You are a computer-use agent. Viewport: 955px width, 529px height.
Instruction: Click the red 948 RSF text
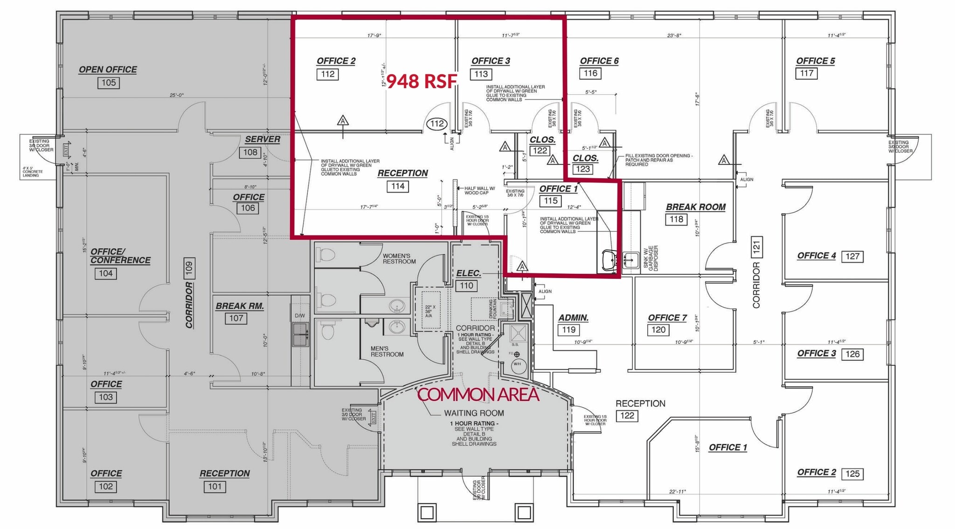(x=422, y=82)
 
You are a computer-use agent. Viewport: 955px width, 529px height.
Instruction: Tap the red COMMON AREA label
(x=478, y=395)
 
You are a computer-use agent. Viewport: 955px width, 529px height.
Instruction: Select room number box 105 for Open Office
(x=109, y=83)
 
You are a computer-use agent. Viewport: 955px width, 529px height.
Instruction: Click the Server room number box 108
(x=250, y=152)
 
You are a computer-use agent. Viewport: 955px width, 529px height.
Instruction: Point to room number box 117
(x=806, y=73)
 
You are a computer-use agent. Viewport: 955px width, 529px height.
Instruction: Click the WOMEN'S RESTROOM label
(x=399, y=258)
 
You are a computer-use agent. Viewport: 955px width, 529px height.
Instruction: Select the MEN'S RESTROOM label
(x=387, y=351)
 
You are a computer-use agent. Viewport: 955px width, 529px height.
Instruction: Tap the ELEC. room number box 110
(x=467, y=285)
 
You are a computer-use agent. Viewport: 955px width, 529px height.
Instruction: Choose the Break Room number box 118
(x=676, y=219)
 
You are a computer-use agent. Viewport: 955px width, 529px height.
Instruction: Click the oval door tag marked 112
(x=437, y=124)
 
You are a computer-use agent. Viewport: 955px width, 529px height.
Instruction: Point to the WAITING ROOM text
(x=474, y=413)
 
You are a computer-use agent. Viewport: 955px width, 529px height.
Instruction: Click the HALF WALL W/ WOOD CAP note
(x=479, y=191)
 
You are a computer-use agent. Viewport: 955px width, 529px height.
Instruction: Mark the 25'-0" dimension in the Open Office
(x=177, y=95)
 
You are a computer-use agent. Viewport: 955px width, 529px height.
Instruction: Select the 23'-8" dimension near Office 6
(x=674, y=35)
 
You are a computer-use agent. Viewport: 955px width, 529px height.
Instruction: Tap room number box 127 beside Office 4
(x=852, y=256)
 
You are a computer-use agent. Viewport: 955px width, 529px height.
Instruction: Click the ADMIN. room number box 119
(x=568, y=330)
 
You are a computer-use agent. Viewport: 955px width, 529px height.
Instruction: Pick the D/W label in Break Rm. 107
(x=299, y=316)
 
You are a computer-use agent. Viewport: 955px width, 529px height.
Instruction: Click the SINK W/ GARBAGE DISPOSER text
(x=651, y=258)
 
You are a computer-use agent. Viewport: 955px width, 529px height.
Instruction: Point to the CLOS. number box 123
(x=583, y=169)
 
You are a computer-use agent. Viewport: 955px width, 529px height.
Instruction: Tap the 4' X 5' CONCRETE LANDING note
(x=32, y=172)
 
